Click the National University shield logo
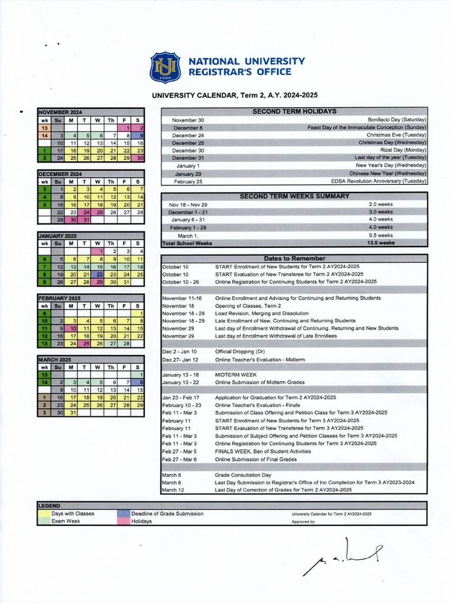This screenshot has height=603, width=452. [165, 68]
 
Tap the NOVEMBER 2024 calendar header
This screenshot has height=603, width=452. [60, 112]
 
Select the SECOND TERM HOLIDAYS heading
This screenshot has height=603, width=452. [294, 111]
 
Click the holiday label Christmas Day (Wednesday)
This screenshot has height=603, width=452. [393, 143]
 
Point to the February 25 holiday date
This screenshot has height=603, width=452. [188, 181]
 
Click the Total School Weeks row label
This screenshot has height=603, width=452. [187, 243]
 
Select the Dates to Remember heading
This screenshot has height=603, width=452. [294, 259]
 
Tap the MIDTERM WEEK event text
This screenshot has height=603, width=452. [235, 375]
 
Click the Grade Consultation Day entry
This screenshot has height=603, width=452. [243, 475]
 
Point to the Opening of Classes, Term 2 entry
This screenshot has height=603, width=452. [248, 306]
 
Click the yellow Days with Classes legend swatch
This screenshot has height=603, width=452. [44, 513]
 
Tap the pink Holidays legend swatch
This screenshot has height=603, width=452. [123, 521]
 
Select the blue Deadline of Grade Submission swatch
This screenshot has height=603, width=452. [123, 513]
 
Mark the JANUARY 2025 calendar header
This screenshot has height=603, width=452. [58, 236]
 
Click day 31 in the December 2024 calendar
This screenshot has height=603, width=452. [86, 220]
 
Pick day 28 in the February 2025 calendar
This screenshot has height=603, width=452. [126, 343]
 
